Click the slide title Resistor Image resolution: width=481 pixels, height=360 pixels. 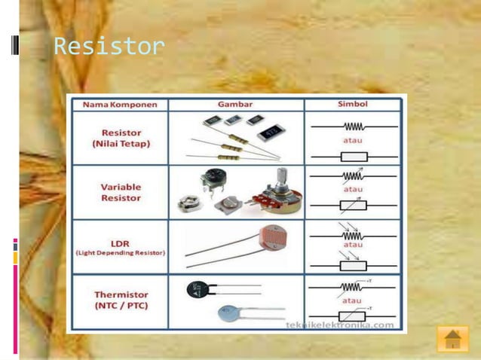pyautogui.click(x=109, y=47)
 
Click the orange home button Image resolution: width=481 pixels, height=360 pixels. pyautogui.click(x=452, y=338)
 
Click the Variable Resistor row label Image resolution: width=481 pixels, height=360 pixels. pyautogui.click(x=121, y=192)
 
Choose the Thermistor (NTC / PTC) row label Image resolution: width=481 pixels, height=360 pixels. pyautogui.click(x=121, y=301)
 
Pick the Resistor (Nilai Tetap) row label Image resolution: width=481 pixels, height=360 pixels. pyautogui.click(x=121, y=136)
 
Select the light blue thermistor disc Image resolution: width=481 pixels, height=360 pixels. pyautogui.click(x=228, y=313)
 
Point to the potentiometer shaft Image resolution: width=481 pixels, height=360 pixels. pyautogui.click(x=281, y=179)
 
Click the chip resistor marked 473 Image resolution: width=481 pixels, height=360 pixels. pyautogui.click(x=270, y=134)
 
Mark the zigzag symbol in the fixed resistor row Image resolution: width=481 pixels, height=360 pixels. pyautogui.click(x=353, y=127)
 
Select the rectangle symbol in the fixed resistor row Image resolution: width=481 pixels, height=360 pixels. pyautogui.click(x=353, y=157)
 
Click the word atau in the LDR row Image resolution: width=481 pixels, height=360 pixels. pyautogui.click(x=353, y=246)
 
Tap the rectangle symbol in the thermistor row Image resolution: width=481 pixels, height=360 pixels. pyautogui.click(x=353, y=317)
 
